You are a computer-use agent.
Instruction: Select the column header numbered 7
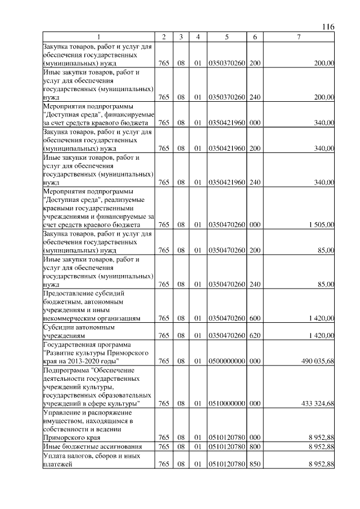(x=299, y=37)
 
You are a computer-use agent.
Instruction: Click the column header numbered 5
(x=226, y=37)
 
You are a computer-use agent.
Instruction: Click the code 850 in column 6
(x=255, y=464)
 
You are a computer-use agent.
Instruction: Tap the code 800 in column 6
(x=255, y=447)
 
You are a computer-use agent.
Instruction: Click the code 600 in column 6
(x=255, y=318)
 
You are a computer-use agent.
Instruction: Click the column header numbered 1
(x=98, y=37)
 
